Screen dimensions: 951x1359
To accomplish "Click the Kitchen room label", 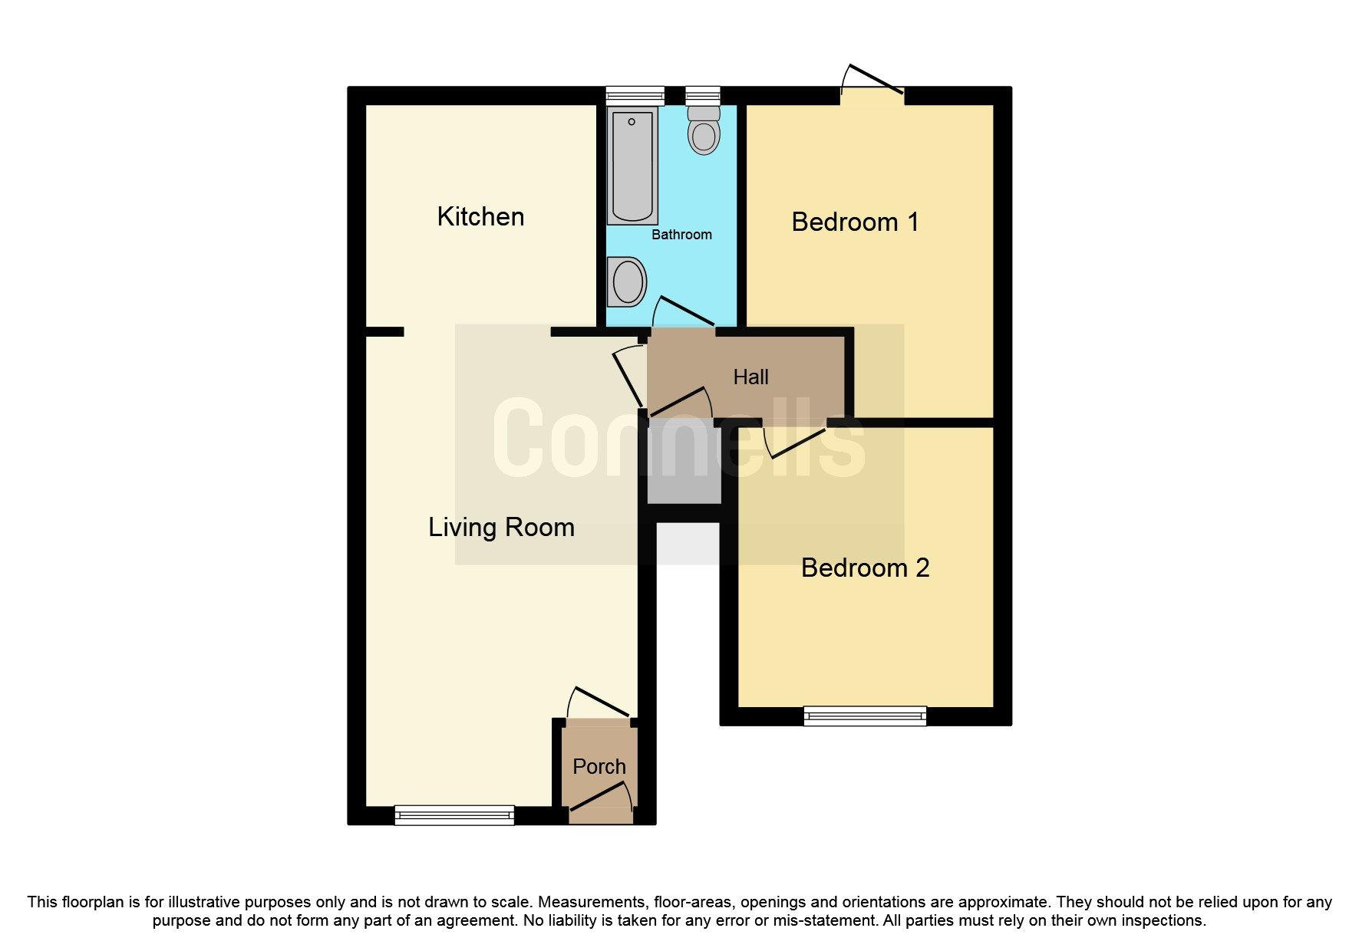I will [480, 216].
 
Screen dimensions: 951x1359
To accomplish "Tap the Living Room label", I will [501, 527].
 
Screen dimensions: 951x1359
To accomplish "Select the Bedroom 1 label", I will [855, 222].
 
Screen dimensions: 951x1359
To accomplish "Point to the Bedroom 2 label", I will [865, 568].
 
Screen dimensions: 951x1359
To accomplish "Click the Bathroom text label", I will [681, 235].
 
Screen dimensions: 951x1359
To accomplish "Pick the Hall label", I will [750, 377].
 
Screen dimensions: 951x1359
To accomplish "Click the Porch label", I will [599, 766].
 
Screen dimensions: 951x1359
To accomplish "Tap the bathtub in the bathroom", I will [632, 166].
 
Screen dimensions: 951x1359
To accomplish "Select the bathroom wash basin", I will [627, 281].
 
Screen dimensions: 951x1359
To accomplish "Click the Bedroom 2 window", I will [865, 716].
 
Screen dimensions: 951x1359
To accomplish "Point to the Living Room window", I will [454, 814].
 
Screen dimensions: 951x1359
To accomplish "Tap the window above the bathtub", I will [635, 95].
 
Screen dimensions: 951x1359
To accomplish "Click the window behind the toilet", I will [703, 95].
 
